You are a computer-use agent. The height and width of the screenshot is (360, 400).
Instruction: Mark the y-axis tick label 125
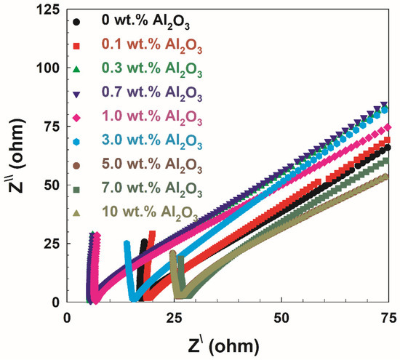click(46, 10)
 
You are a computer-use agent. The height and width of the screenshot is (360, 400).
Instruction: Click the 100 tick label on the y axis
click(46, 68)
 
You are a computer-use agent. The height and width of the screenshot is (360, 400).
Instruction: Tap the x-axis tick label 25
click(175, 318)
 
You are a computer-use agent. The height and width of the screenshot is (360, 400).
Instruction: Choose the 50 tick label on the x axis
click(281, 318)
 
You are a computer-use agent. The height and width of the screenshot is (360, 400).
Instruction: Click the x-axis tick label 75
click(388, 318)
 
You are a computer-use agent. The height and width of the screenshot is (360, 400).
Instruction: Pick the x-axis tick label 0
click(68, 318)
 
